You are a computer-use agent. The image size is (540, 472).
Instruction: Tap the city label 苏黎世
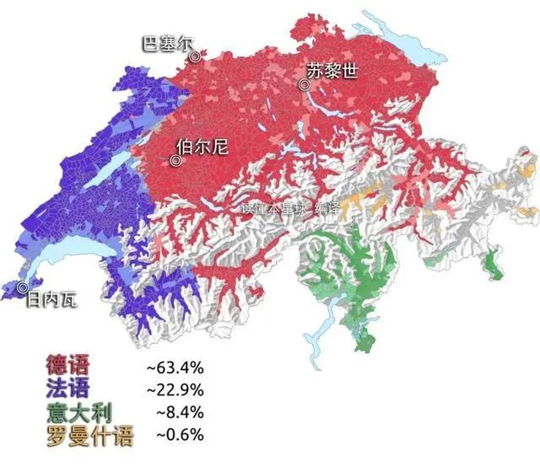pyautogui.click(x=332, y=72)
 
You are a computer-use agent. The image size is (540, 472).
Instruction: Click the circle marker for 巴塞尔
pyautogui.click(x=195, y=56)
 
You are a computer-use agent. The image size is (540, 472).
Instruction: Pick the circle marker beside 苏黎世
pyautogui.click(x=304, y=84)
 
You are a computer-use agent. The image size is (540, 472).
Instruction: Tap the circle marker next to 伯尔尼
pyautogui.click(x=177, y=160)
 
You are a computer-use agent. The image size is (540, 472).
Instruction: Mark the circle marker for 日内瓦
pyautogui.click(x=22, y=288)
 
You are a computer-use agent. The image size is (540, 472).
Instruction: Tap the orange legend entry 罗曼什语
pyautogui.click(x=89, y=435)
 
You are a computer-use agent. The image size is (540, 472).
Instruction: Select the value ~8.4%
pyautogui.click(x=181, y=413)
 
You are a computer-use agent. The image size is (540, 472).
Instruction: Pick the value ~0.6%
pyautogui.click(x=181, y=435)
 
